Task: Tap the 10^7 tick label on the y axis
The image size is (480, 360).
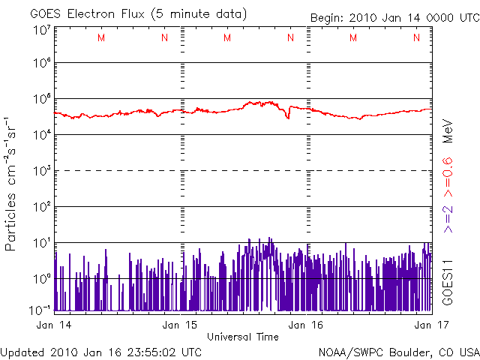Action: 41,31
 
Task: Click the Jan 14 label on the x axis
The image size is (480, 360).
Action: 53,325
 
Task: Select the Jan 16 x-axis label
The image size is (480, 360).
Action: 307,325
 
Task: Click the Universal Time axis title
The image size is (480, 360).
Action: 242,336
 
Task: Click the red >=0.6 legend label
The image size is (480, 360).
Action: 447,174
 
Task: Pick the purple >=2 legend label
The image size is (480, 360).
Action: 447,217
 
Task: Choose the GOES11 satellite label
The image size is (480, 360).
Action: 447,281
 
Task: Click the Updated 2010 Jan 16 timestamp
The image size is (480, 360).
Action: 101,351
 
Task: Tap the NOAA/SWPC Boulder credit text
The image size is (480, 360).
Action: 398,351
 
